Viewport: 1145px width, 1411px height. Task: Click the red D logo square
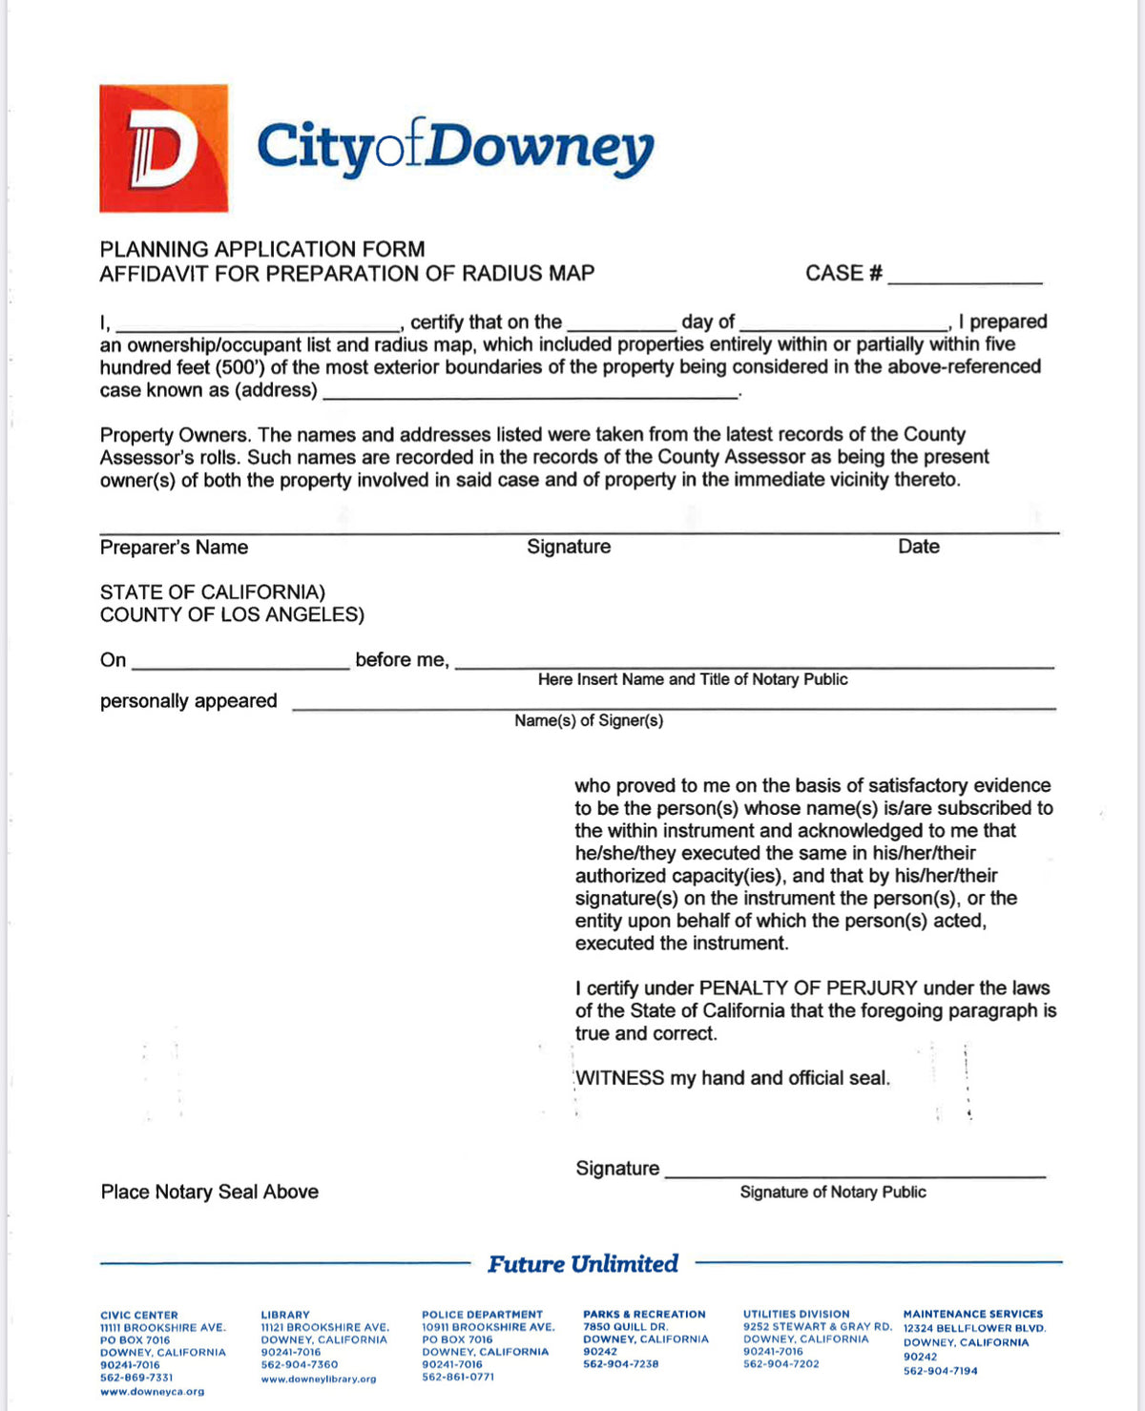(x=163, y=148)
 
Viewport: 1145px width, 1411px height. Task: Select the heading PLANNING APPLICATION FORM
(x=262, y=249)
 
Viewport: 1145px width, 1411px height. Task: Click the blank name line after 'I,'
(x=258, y=324)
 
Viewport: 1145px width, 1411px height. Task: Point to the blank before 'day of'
(x=621, y=324)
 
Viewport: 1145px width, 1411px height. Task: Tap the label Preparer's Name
(x=174, y=548)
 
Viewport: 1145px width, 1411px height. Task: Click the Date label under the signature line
(x=918, y=547)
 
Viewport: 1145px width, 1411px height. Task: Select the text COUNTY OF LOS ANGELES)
(x=232, y=615)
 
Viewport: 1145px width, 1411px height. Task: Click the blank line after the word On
(x=240, y=662)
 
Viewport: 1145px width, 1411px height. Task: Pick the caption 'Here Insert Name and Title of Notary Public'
(x=693, y=679)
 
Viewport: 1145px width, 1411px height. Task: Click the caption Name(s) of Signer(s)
(x=589, y=721)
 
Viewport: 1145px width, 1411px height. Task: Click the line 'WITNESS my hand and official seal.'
(x=733, y=1078)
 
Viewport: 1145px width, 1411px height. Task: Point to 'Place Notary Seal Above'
(x=210, y=1192)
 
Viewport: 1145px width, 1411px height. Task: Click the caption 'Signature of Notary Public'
(x=833, y=1193)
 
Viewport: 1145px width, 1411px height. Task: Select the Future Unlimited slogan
(x=583, y=1264)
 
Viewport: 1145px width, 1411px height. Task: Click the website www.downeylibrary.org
(x=319, y=1380)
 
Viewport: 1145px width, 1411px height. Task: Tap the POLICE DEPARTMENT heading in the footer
(x=482, y=1315)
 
